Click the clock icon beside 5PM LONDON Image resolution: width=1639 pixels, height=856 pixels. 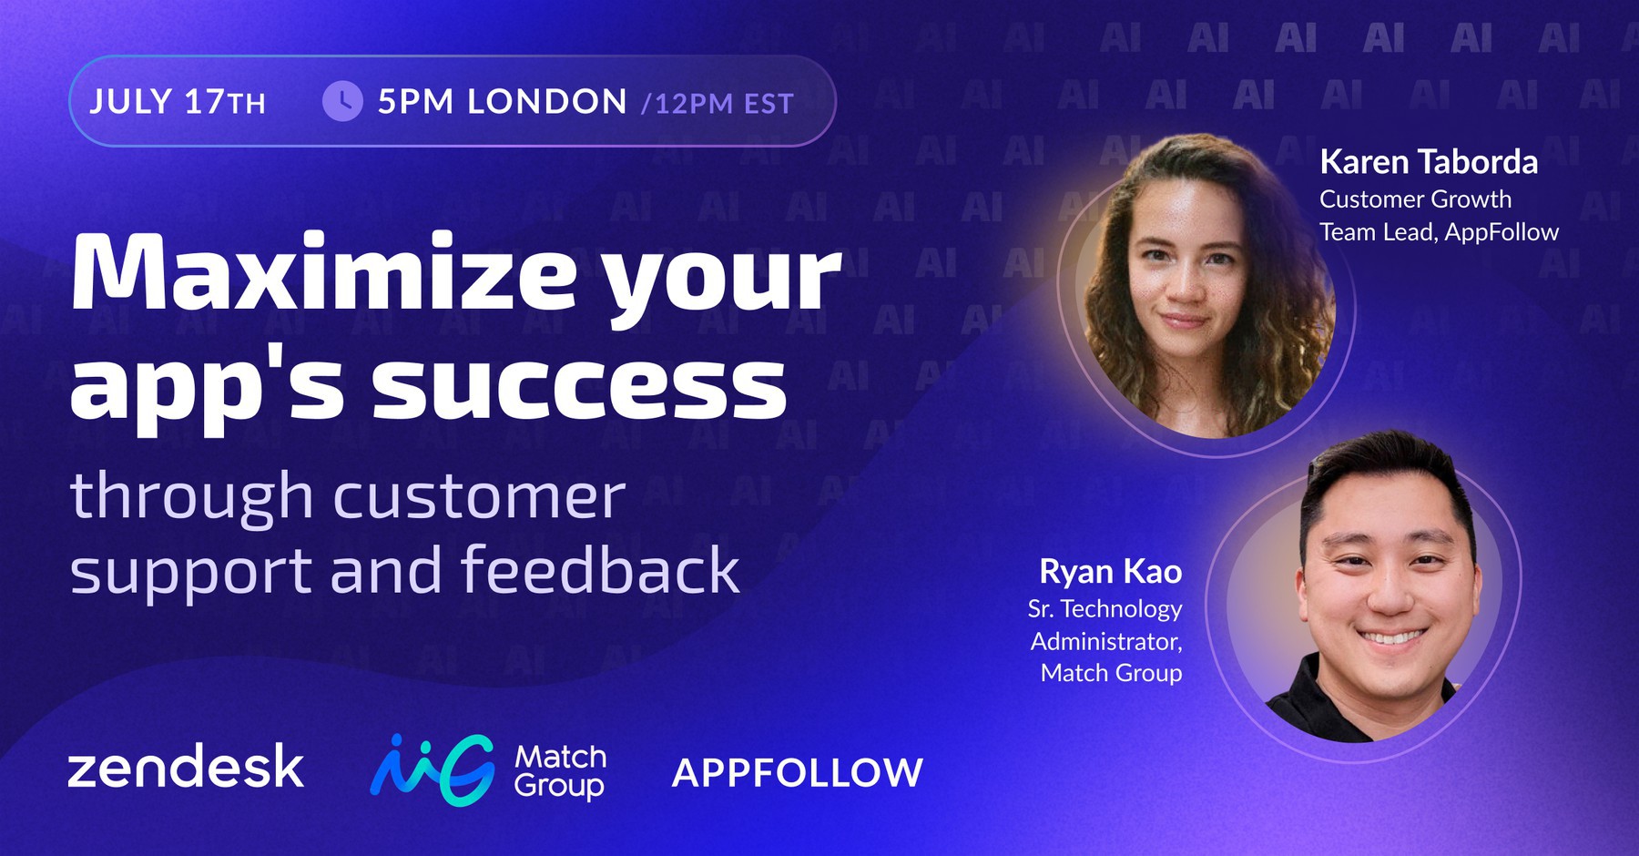pyautogui.click(x=342, y=101)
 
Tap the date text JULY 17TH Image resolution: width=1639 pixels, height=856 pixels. pyautogui.click(x=178, y=102)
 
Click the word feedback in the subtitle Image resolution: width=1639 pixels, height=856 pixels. pyautogui.click(x=600, y=570)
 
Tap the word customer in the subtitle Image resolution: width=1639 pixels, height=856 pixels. pyautogui.click(x=480, y=496)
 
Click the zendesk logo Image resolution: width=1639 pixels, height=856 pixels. pyautogui.click(x=186, y=767)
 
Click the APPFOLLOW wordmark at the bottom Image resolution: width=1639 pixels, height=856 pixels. pyautogui.click(x=798, y=773)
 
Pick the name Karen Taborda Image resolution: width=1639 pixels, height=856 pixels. pyautogui.click(x=1429, y=162)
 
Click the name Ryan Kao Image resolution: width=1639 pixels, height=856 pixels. pyautogui.click(x=1110, y=572)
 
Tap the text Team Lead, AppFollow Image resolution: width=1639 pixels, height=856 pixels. pyautogui.click(x=1439, y=232)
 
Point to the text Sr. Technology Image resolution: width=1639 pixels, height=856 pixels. pyautogui.click(x=1105, y=608)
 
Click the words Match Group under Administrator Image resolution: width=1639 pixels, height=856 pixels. pyautogui.click(x=1111, y=673)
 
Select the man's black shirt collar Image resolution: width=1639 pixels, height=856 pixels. pyautogui.click(x=1302, y=697)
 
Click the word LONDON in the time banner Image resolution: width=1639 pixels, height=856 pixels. pyautogui.click(x=547, y=102)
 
